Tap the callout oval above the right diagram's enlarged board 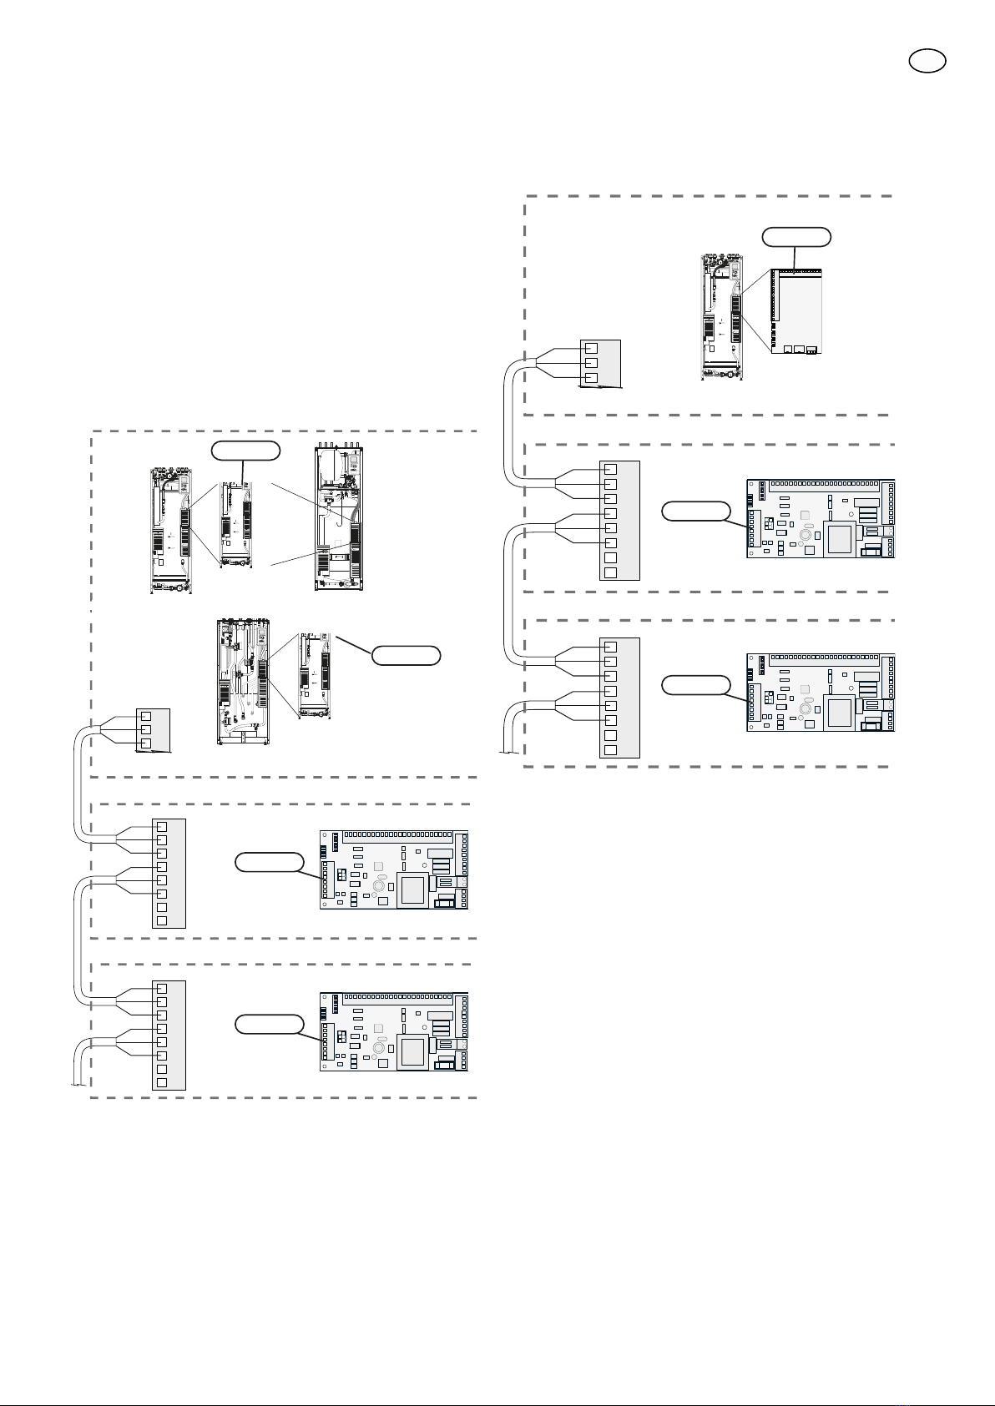coord(796,237)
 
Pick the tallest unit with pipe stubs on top coord(339,519)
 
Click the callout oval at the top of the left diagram coord(245,451)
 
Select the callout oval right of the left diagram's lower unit coord(406,655)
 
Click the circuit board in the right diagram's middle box coord(820,518)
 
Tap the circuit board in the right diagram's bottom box coord(820,693)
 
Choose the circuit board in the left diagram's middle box coord(394,869)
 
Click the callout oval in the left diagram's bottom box coord(268,1024)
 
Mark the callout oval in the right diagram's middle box coord(695,511)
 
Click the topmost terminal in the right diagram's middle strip coord(610,469)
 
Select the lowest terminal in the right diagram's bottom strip coord(610,749)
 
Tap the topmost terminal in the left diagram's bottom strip coord(162,988)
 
